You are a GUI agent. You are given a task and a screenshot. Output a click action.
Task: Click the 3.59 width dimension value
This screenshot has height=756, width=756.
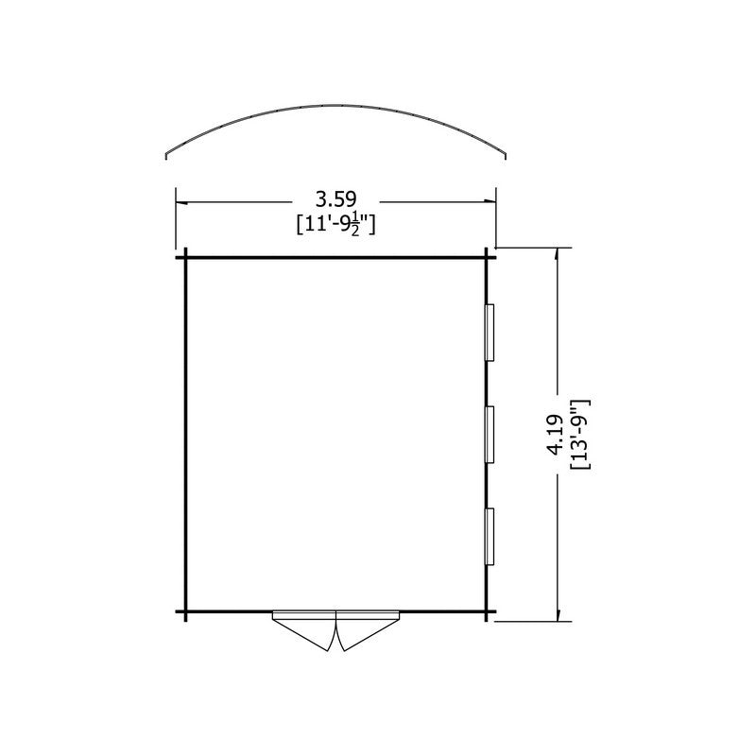335,199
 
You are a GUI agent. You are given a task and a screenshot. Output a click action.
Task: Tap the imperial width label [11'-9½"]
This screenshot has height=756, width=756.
335,225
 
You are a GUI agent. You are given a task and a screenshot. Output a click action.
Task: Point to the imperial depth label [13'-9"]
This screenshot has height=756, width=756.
580,435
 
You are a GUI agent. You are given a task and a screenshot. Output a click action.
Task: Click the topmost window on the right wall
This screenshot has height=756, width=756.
490,333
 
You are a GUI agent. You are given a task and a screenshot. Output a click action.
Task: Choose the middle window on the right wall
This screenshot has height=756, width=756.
490,435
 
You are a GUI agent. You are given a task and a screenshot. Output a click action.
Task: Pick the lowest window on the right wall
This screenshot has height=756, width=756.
490,536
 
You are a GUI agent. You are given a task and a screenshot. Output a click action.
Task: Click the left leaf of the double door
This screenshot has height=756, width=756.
304,630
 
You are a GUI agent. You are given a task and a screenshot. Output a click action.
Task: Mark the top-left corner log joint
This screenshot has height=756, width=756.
185,257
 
